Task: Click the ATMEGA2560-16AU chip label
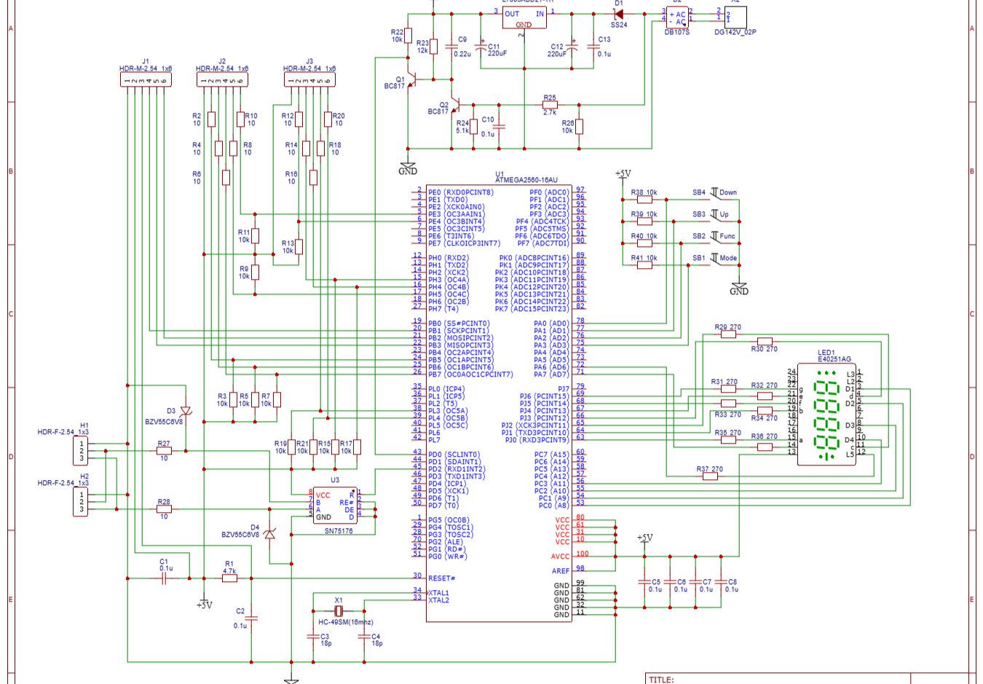tap(526, 180)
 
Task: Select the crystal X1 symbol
tap(339, 610)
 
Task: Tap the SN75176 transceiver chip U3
tap(335, 506)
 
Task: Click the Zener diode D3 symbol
tap(186, 412)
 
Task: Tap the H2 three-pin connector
tap(81, 502)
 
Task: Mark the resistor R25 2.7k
tap(550, 105)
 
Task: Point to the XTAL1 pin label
tap(439, 593)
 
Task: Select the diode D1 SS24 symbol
tap(619, 14)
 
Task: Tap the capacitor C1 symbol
tap(165, 578)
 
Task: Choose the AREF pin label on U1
tap(561, 571)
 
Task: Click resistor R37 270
tap(710, 476)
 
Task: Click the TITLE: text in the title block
tap(661, 680)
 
